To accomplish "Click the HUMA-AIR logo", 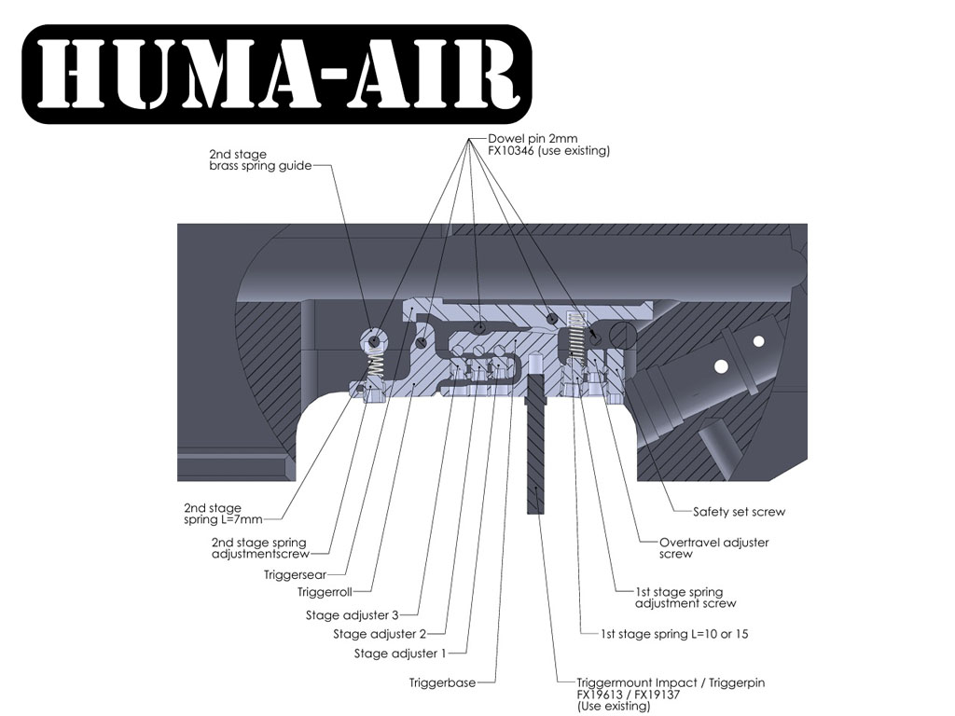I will click(276, 74).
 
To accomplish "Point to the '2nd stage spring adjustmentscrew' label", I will click(258, 548).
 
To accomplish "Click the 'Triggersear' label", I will click(295, 575).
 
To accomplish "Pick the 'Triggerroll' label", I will click(322, 592).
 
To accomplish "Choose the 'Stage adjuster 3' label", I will click(352, 615).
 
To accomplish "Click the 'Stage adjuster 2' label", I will click(379, 635).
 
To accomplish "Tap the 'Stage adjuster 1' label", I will click(400, 654).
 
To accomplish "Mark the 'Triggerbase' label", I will click(442, 682).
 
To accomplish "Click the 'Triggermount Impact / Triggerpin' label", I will click(671, 682).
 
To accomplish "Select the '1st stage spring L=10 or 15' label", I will click(675, 634).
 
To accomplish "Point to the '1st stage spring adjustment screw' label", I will click(679, 598).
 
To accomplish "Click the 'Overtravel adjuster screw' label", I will click(713, 548).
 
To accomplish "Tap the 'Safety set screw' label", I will click(739, 512).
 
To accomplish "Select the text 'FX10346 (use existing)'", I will click(548, 151).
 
